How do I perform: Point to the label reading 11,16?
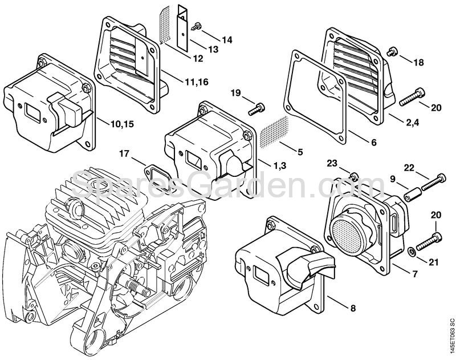(196, 83)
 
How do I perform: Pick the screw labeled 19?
(258, 106)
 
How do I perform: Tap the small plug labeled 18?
(392, 52)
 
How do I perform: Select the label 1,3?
(280, 165)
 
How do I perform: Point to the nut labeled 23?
(353, 174)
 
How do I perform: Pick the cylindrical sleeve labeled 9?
(411, 195)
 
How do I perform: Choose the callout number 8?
(353, 309)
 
